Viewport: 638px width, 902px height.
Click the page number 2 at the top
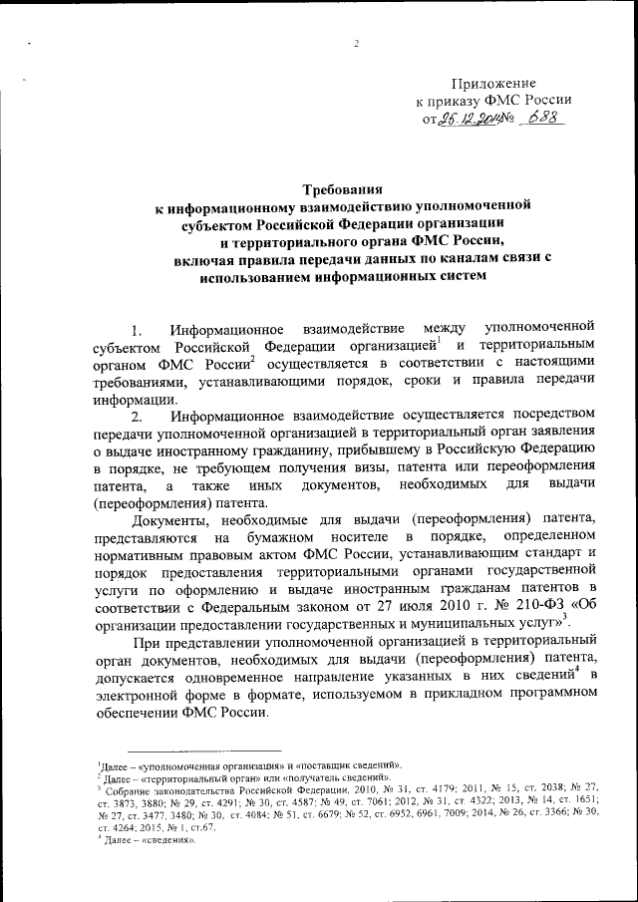click(355, 42)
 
